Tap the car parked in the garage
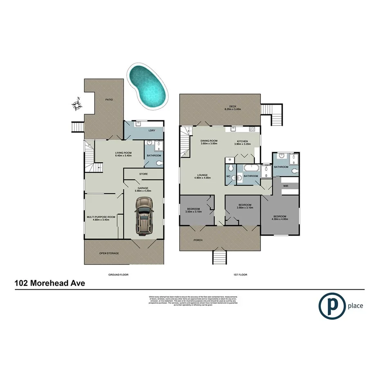(143, 216)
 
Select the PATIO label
(108, 99)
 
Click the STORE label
(143, 174)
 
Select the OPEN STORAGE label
(109, 253)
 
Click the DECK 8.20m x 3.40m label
(233, 108)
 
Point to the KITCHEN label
(241, 142)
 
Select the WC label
(229, 177)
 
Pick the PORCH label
(199, 240)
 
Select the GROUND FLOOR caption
(118, 275)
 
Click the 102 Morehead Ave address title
(50, 283)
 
